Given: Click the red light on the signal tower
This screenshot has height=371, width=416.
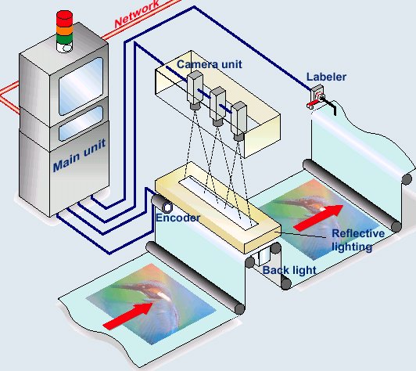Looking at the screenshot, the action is click(64, 18).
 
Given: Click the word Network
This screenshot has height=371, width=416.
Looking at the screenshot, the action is click(137, 14).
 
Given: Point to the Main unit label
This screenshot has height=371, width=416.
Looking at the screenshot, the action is click(79, 155).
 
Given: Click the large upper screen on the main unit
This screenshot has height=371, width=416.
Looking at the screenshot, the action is click(81, 86).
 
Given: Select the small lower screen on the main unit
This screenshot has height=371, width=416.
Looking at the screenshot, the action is click(81, 123).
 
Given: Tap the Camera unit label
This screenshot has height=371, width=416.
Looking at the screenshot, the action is click(210, 64).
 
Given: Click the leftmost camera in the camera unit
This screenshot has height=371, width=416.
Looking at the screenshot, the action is click(195, 90).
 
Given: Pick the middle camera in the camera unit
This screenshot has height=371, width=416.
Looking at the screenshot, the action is click(218, 106).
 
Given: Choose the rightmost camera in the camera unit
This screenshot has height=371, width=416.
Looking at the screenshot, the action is click(238, 121).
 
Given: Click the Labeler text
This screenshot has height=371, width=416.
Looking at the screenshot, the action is click(326, 77).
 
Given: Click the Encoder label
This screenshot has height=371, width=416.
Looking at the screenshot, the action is click(178, 218).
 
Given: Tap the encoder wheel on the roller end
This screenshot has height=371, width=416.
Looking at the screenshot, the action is click(167, 207).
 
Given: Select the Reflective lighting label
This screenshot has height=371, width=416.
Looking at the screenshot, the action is click(357, 240).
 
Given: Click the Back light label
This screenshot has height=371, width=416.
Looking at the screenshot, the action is click(289, 270).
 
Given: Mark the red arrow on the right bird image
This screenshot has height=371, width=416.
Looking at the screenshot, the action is click(319, 217).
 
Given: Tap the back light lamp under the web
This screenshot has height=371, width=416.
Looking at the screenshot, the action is click(263, 256).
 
